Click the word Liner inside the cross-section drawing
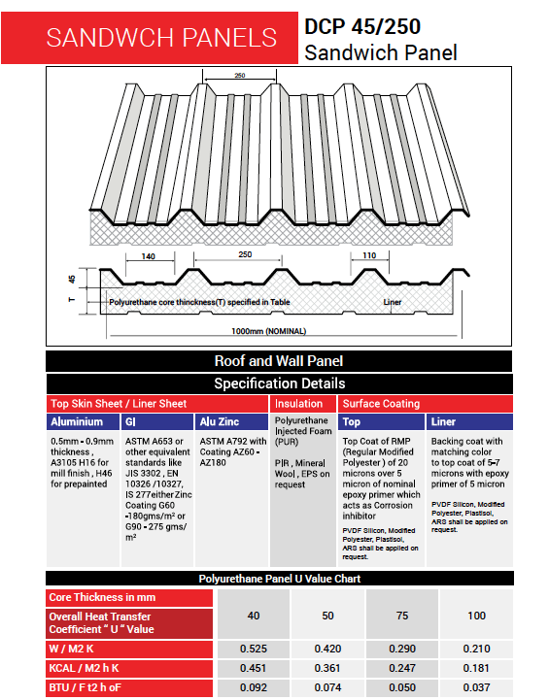pos(393,303)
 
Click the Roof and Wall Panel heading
pos(278,361)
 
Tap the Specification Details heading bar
pos(278,383)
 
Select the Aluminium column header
pos(77,422)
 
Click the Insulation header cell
pos(299,403)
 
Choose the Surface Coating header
pos(380,403)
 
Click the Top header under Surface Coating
pos(352,422)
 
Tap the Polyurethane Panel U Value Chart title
pos(278,579)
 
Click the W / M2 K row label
pos(75,648)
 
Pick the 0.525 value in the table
pos(254,648)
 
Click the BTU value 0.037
pos(476,686)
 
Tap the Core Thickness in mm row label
pos(102,597)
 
